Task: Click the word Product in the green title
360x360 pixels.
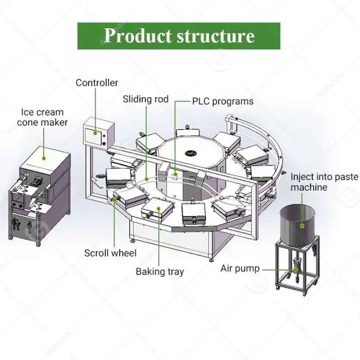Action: pos(136,35)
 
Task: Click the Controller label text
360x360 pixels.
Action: pos(97,83)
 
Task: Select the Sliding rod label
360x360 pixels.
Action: pos(146,99)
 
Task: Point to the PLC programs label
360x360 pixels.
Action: pos(223,101)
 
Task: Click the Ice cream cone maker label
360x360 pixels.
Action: pos(42,117)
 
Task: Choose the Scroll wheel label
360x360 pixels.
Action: pos(111,253)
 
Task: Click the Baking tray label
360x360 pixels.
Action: pos(159,272)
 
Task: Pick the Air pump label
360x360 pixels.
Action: pos(240,268)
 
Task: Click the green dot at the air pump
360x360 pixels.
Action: pos(294,268)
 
